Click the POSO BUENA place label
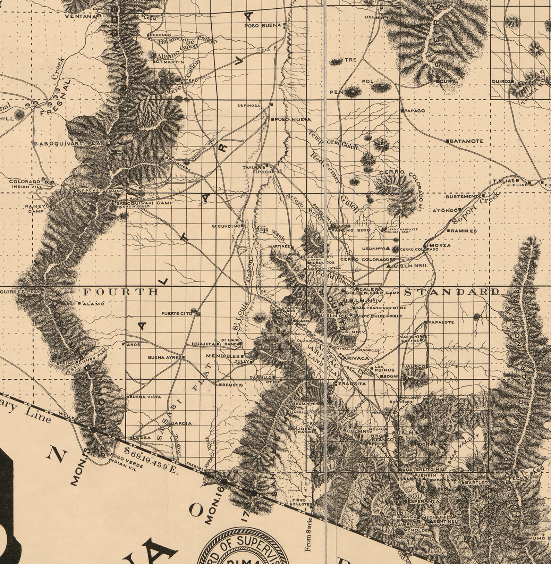(262, 26)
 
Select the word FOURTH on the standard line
(121, 292)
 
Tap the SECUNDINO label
(226, 226)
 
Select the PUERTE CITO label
(177, 314)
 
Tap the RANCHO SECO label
(351, 230)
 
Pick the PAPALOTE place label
(441, 322)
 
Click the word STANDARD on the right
(452, 292)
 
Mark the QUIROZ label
(501, 82)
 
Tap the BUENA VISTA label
(141, 396)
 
